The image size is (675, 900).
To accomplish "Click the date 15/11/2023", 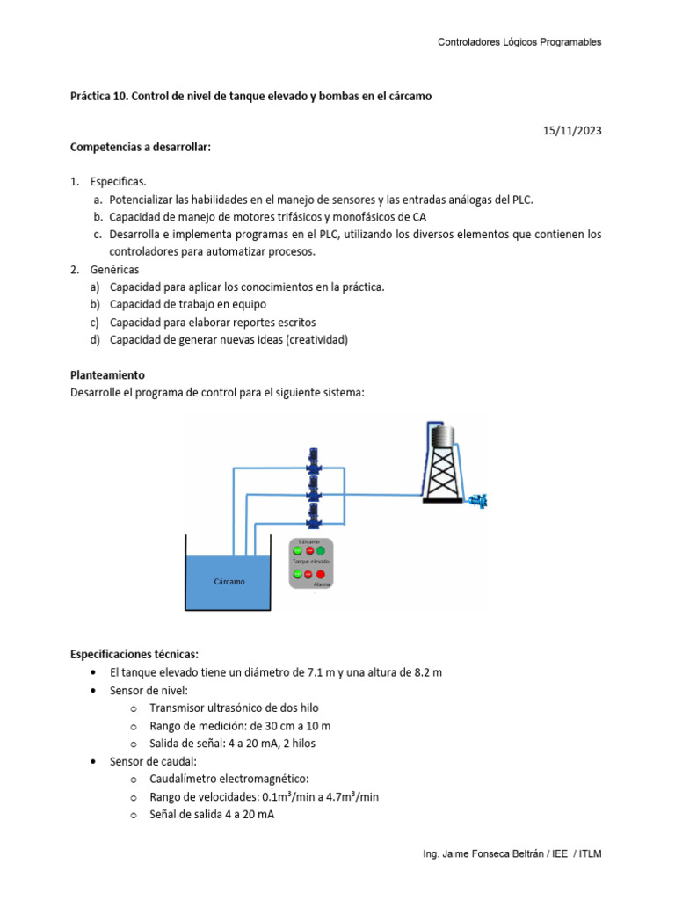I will pos(572,131).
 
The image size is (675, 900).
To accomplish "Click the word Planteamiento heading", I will pos(107,374).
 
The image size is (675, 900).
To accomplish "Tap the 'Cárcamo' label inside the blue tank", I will pos(229,581).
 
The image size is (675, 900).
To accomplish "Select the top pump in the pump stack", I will pos(311,460).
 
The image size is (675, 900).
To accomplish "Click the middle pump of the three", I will pos(311,486).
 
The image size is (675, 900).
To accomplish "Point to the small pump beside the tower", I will pos(479,500).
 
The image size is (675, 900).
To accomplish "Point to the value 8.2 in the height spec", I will pos(416,672).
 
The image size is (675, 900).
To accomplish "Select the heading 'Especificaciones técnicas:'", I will pos(134,654).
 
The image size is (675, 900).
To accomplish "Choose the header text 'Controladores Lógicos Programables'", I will pos(519,43).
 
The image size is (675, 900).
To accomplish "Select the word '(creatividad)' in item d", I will pos(314,340).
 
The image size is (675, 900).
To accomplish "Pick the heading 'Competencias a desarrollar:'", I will pos(141,147).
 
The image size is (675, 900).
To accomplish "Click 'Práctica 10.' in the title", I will pos(98,96).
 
